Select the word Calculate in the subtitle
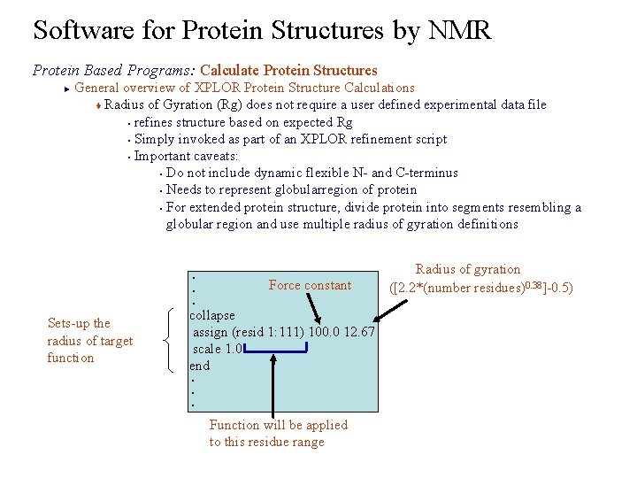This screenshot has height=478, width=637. pos(232,70)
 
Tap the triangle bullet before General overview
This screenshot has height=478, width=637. pos(66,88)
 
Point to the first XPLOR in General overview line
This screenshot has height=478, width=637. pos(218,88)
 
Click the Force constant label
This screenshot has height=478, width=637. pos(310,285)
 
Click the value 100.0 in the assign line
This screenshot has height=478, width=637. pos(319,332)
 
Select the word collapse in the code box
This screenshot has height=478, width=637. pos(212,315)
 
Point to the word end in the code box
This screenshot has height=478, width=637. pos(199,366)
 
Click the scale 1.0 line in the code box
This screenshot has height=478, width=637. pos(218,349)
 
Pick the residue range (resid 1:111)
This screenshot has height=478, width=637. pos(266,332)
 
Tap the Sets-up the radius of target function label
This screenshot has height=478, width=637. pos(89,341)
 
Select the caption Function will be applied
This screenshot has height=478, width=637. pos(278,425)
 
